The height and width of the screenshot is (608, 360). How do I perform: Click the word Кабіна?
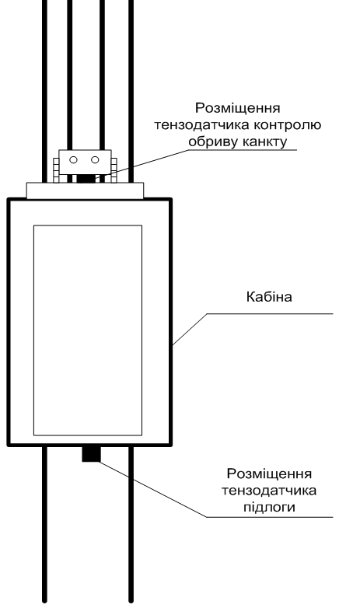tap(269, 297)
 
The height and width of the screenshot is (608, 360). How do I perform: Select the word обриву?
tap(212, 142)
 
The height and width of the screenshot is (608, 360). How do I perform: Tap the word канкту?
tap(264, 142)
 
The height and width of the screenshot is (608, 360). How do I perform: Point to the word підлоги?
tap(269, 507)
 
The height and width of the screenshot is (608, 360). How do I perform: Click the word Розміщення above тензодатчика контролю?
tap(237, 108)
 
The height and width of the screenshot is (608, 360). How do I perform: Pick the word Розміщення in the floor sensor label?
tap(269, 473)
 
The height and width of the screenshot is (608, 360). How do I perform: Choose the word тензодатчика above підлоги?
tap(269, 491)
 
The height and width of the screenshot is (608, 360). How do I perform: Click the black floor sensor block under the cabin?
tap(91, 454)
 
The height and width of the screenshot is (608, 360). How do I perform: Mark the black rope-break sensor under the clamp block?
tap(86, 179)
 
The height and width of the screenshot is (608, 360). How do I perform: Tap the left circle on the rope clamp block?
tap(73, 159)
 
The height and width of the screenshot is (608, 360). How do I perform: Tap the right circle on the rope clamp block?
tap(95, 159)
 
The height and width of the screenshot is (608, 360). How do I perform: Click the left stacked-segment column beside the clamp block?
tap(56, 169)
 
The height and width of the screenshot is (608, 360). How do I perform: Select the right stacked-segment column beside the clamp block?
tap(114, 169)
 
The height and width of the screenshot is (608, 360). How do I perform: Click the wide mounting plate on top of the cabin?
tap(85, 190)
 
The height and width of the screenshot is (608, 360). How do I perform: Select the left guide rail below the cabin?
tap(44, 523)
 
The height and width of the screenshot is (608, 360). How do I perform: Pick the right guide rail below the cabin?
tap(131, 523)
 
